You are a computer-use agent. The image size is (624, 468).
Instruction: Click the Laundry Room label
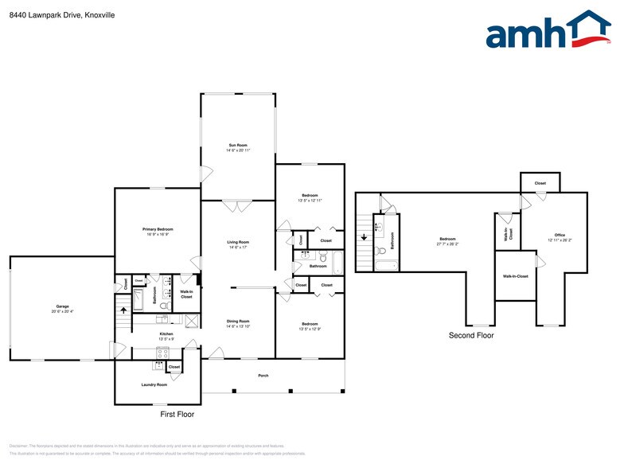coord(155,384)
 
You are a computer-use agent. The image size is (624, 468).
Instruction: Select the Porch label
coord(263,375)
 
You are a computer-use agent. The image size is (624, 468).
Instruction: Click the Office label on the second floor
coord(560,235)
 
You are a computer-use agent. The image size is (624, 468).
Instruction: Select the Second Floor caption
coord(470,335)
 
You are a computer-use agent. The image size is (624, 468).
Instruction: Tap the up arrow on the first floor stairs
coord(123,310)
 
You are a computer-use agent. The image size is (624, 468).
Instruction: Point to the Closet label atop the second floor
coord(540,183)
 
